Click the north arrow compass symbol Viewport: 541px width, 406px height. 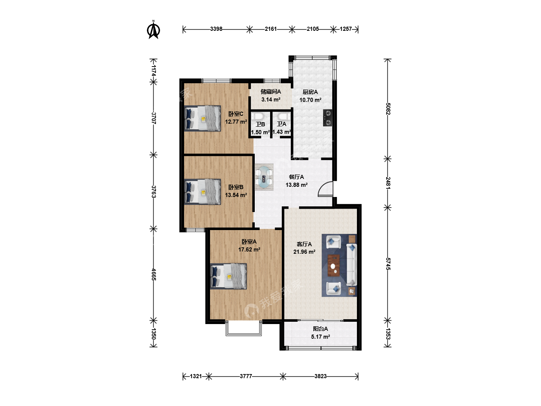tap(153, 30)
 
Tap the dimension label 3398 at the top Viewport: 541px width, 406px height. tap(216, 29)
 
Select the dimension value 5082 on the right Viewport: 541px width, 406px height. tap(388, 109)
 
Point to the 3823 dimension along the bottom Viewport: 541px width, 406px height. tap(320, 376)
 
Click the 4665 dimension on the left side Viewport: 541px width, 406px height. tap(154, 274)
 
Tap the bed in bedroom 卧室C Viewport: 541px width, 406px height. tap(202, 118)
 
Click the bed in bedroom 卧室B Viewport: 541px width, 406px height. tap(202, 192)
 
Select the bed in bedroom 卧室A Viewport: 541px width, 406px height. tap(228, 276)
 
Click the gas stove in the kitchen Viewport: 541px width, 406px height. tap(328, 118)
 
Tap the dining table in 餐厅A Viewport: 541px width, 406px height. tap(264, 177)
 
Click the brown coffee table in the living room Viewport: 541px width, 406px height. tap(334, 265)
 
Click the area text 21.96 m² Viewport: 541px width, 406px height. tap(304, 252)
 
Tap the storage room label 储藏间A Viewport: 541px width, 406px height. tap(270, 92)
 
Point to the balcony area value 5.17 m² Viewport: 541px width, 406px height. tap(320, 336)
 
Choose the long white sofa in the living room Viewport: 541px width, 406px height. tap(352, 265)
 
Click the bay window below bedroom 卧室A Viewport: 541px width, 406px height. tap(243, 328)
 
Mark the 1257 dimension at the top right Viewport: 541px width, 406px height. tap(346, 29)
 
